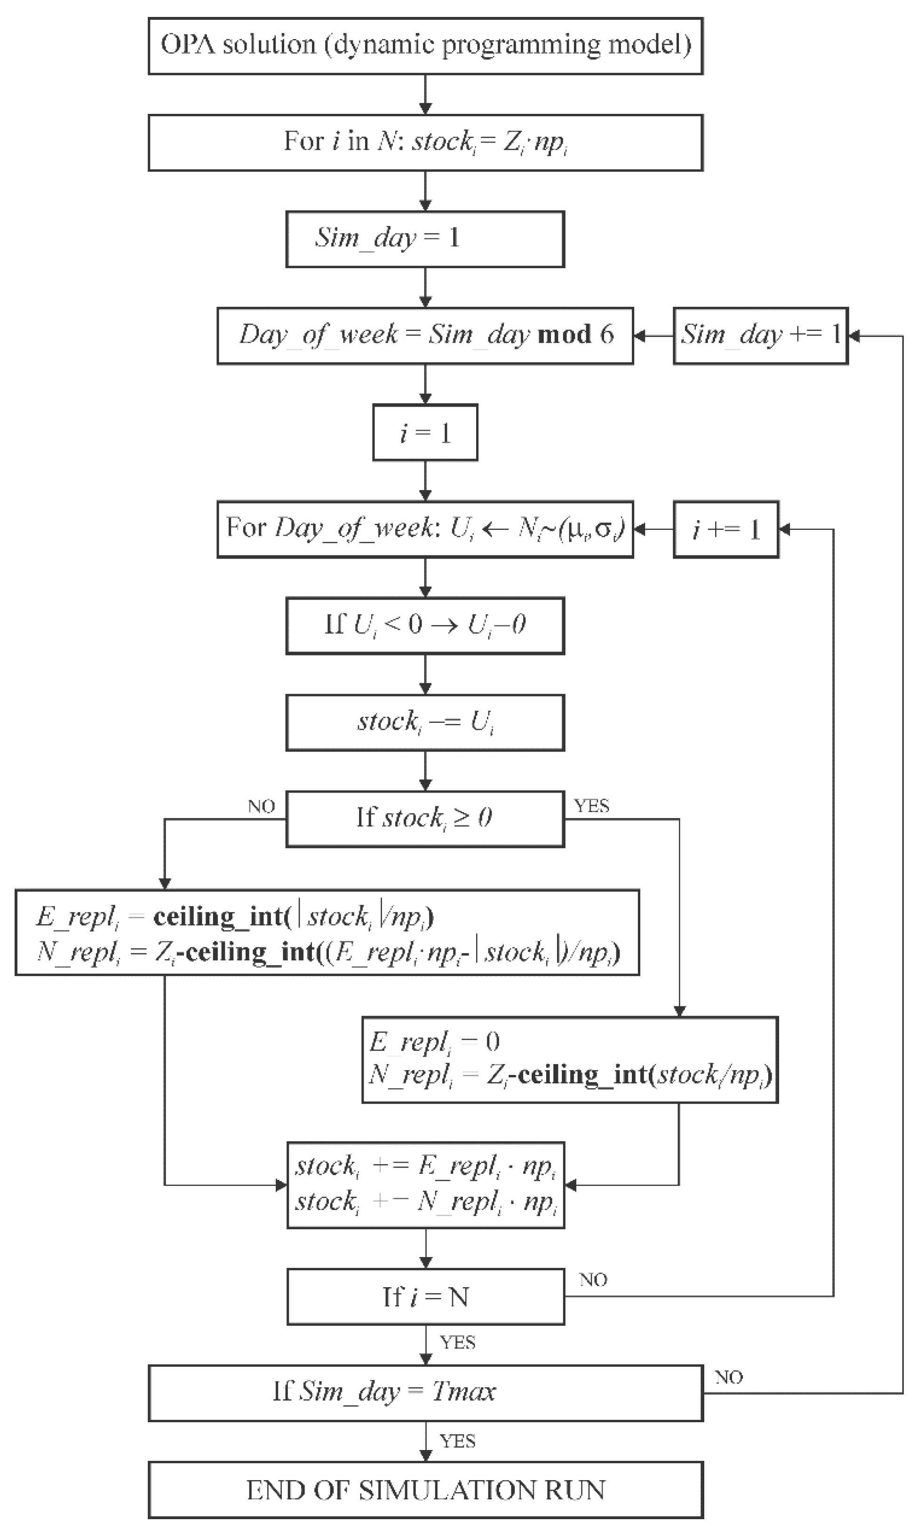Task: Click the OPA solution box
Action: (425, 46)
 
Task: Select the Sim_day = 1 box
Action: (425, 239)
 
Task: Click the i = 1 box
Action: (425, 432)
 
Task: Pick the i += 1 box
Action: (725, 529)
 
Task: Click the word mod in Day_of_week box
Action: (564, 335)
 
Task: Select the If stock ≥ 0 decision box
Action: (425, 819)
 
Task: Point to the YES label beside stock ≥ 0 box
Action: (591, 806)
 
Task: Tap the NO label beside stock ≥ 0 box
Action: (261, 806)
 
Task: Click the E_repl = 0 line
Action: (435, 1042)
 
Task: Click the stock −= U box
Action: (425, 722)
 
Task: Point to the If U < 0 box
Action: (425, 625)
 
